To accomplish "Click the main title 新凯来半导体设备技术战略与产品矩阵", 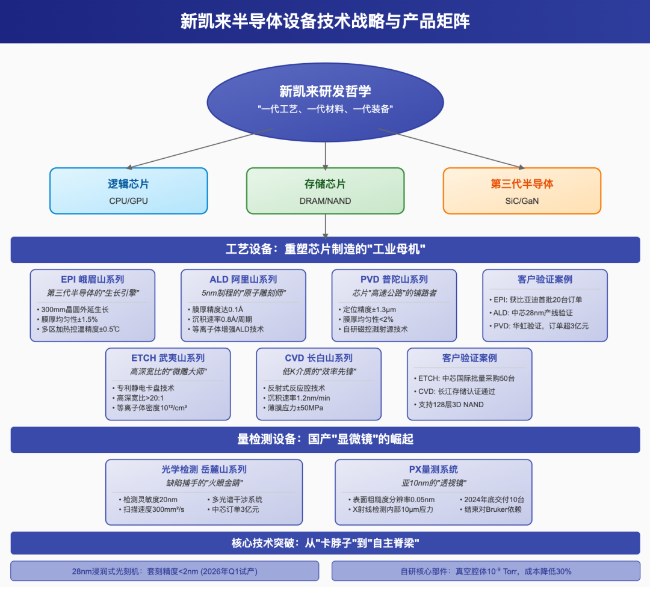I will coord(325,22).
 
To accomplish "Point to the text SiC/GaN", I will coord(522,201).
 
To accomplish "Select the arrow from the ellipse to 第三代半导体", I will coord(451,148).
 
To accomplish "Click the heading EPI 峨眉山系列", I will coord(93,279).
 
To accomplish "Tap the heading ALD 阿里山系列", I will coord(243,279).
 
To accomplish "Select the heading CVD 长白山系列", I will coord(318,358).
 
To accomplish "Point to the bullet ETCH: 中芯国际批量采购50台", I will coord(467,378).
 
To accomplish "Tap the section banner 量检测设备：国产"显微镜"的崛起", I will coord(325,440).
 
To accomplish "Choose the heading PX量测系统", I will coord(433,470).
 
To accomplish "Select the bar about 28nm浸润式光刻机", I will coord(164,571).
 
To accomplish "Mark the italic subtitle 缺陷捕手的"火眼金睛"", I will coord(204,483).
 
